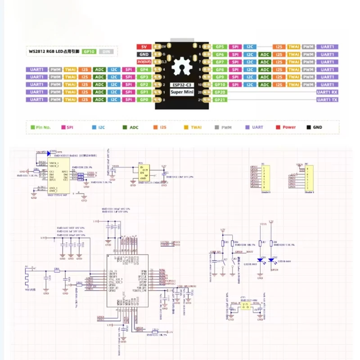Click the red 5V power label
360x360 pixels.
[x=144, y=47]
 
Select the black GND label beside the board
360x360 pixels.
[x=144, y=54]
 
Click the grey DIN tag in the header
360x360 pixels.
[x=106, y=52]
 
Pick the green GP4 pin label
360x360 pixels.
[x=144, y=70]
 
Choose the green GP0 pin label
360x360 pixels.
[x=144, y=99]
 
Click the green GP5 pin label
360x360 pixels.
[x=220, y=47]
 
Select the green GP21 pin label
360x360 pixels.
[x=220, y=99]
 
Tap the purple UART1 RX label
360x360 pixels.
[x=327, y=92]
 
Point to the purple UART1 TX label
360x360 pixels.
[x=327, y=99]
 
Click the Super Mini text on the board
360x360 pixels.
[x=183, y=92]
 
